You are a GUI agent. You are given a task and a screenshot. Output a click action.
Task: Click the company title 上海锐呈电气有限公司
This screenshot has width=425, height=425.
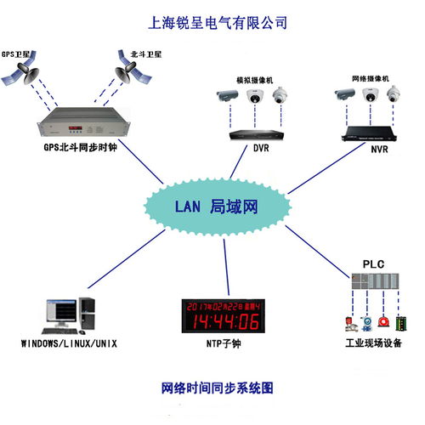(x=212, y=21)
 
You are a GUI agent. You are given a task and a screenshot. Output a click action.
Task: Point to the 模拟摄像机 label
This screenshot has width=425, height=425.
(x=254, y=81)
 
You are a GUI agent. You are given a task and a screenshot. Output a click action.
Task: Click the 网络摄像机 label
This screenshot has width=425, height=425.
(x=370, y=77)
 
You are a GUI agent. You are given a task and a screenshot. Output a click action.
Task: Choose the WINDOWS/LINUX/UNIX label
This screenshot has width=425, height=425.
(x=69, y=343)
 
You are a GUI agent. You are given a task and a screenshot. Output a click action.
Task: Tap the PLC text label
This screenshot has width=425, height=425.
(x=375, y=264)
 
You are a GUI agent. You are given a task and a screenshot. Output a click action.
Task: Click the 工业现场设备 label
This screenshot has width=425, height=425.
(x=375, y=343)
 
